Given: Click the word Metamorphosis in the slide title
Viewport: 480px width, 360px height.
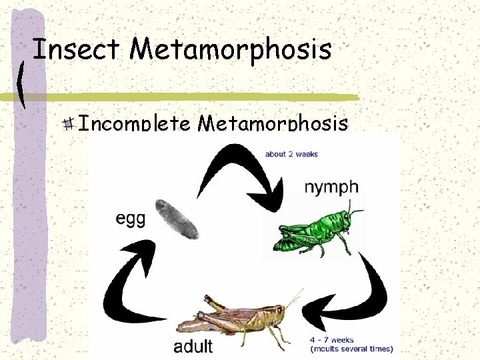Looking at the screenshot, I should [x=231, y=49].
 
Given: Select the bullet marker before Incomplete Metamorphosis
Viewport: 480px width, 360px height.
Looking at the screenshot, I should [x=69, y=123].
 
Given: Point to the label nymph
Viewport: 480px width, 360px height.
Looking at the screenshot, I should [x=331, y=187].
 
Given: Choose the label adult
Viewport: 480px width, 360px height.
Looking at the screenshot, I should [x=193, y=346].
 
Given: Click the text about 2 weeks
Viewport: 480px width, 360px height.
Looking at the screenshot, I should [x=291, y=154].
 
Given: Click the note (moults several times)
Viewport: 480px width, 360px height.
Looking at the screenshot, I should [x=351, y=349].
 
